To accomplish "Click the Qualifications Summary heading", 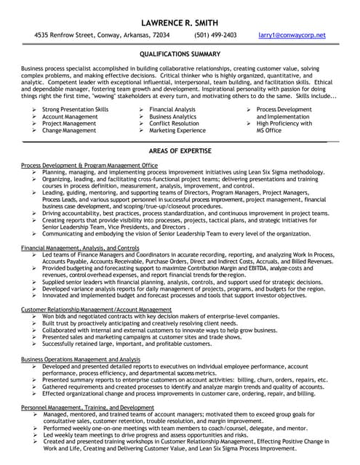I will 180,54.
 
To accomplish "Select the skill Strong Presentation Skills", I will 75,109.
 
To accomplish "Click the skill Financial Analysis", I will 172,109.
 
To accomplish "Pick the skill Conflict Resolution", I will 174,124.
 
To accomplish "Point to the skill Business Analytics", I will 172,116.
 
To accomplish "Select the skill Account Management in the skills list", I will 69,116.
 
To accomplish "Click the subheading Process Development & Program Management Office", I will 89,166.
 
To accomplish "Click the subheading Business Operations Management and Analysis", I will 81,359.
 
